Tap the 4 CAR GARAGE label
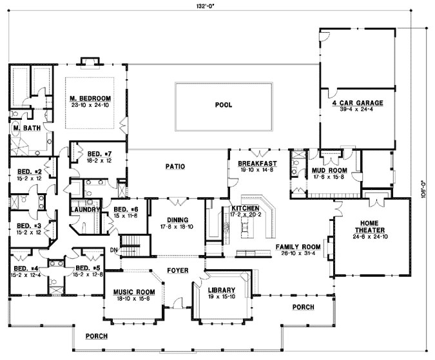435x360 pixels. pyautogui.click(x=358, y=102)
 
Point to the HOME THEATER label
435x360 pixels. pyautogui.click(x=369, y=227)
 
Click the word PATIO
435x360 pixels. pyautogui.click(x=175, y=166)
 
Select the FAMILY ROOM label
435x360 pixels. pyautogui.click(x=298, y=247)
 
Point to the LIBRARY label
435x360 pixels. pyautogui.click(x=221, y=290)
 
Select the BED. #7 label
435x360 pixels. pyautogui.click(x=99, y=154)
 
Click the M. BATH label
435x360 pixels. pyautogui.click(x=26, y=128)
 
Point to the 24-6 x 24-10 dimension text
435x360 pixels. pyautogui.click(x=369, y=236)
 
